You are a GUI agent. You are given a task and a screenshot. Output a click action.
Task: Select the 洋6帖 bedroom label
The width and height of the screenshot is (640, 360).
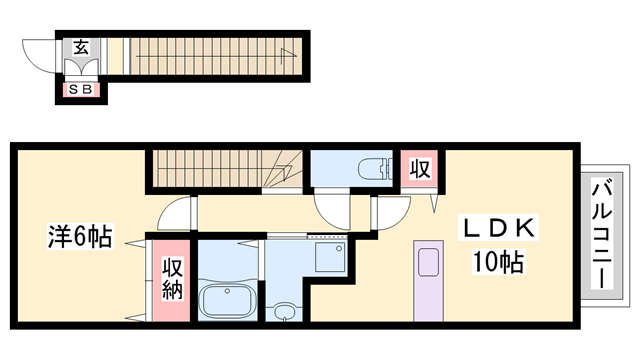79,237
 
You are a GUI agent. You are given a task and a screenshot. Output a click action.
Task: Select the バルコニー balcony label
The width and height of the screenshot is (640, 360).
603,231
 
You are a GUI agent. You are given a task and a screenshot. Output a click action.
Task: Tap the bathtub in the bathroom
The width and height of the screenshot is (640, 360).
229,300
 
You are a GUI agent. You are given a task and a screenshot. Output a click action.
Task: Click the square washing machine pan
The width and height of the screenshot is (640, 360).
328,259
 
